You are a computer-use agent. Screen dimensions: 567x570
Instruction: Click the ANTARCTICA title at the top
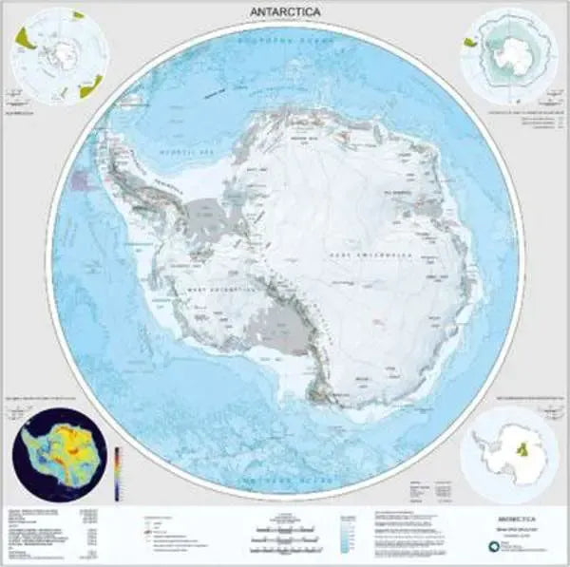(285, 10)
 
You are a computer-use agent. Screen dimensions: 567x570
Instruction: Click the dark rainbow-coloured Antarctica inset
(57, 453)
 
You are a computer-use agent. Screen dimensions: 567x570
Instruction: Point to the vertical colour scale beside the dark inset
(117, 472)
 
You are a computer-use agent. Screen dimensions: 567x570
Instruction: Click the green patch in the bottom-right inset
(520, 449)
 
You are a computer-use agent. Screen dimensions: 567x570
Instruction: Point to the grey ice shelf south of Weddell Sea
(209, 218)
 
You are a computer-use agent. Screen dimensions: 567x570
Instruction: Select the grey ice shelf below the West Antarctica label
(280, 328)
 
